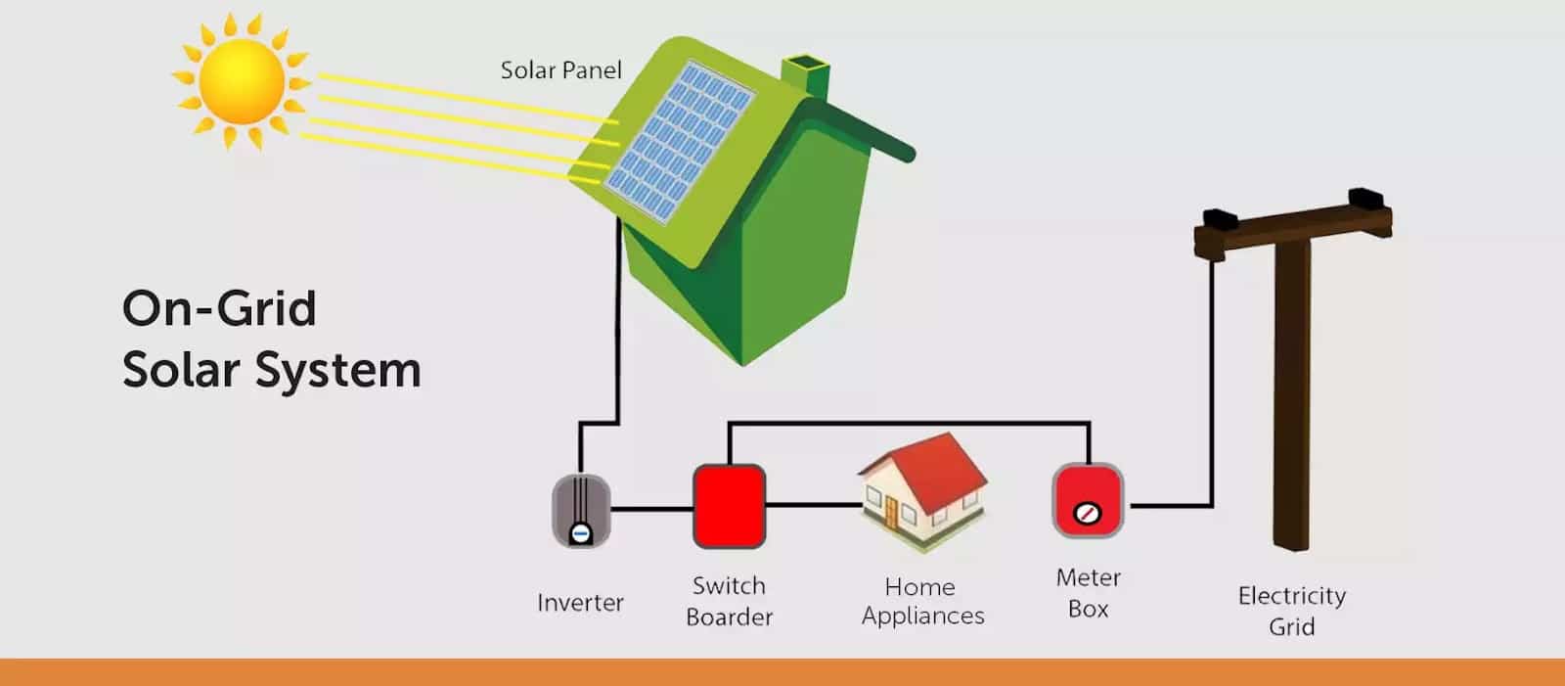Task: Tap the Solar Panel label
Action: (560, 70)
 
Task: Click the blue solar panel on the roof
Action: (679, 142)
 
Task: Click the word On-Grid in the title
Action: (219, 309)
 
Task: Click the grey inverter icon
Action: (581, 510)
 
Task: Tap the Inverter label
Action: (580, 603)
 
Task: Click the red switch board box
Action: (729, 506)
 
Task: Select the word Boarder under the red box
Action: (729, 617)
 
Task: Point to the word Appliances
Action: (922, 617)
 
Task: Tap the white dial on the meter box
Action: (1088, 513)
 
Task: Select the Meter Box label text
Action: (1088, 593)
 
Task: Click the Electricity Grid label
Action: (1291, 611)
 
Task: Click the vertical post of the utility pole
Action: (1291, 391)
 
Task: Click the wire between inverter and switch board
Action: (651, 509)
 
